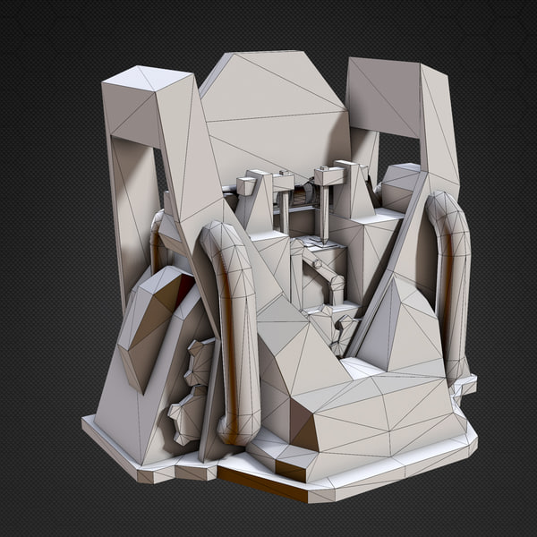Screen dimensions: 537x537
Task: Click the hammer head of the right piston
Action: (x=328, y=175)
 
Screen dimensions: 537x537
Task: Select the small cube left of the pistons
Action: (x=246, y=186)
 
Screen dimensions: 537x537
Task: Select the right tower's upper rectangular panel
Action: (x=383, y=94)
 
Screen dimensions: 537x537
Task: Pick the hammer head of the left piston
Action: (x=284, y=182)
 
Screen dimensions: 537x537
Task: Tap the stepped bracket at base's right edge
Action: (x=464, y=385)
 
